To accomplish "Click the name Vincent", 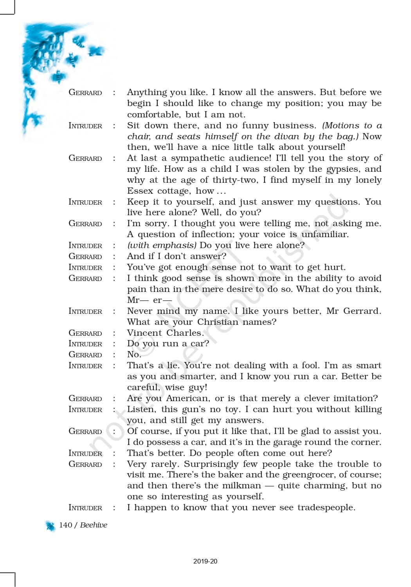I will (x=144, y=333).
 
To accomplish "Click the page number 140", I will (x=65, y=525).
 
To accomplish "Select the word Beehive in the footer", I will (x=94, y=525).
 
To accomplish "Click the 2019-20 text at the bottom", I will (x=205, y=561).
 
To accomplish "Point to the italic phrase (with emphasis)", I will (x=162, y=245).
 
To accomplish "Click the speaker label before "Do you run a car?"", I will (x=85, y=344).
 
